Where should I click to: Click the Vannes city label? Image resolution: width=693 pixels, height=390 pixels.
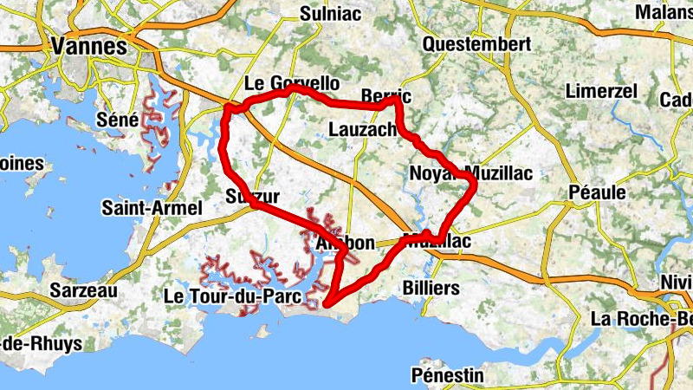tap(89, 47)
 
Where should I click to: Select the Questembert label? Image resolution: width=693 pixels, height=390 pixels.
tap(476, 43)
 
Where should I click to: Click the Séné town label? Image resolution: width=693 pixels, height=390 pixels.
tap(118, 120)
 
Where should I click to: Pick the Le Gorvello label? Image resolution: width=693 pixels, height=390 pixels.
tap(291, 84)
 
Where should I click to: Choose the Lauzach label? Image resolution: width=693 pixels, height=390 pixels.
tap(364, 129)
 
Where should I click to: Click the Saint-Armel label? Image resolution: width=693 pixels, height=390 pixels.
tap(152, 208)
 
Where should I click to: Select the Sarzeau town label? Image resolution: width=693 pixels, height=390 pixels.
tap(84, 290)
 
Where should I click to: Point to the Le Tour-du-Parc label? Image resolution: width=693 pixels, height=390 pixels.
tap(232, 296)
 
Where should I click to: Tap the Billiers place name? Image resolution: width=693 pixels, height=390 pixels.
tap(431, 287)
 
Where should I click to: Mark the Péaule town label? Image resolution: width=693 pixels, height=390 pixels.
tap(598, 192)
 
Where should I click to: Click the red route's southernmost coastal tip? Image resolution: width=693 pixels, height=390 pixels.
tap(328, 303)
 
